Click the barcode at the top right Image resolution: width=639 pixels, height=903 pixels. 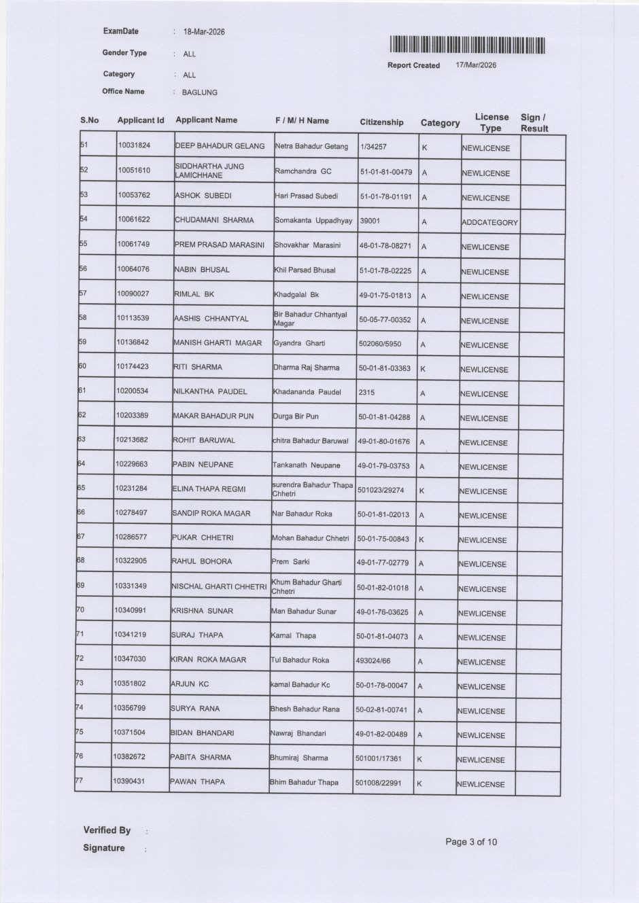pyautogui.click(x=468, y=45)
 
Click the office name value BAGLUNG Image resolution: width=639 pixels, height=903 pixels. pyautogui.click(x=200, y=92)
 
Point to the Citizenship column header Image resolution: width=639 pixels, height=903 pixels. pyautogui.click(x=381, y=122)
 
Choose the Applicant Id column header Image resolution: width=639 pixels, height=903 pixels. pyautogui.click(x=141, y=120)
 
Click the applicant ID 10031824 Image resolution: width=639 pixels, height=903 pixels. pyautogui.click(x=134, y=145)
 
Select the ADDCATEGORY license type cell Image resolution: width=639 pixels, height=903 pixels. pyautogui.click(x=489, y=222)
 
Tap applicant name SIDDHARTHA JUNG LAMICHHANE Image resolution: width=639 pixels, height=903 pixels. pyautogui.click(x=209, y=171)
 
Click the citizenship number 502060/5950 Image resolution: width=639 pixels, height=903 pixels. pyautogui.click(x=380, y=344)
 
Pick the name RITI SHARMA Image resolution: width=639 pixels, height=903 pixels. pyautogui.click(x=198, y=367)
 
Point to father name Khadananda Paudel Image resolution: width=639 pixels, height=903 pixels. pyautogui.click(x=307, y=392)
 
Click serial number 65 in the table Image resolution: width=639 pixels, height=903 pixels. pyautogui.click(x=82, y=488)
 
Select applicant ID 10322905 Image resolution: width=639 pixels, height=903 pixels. pyautogui.click(x=131, y=561)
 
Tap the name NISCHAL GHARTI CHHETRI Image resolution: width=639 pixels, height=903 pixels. pyautogui.click(x=218, y=586)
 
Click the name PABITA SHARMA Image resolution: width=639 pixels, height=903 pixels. pyautogui.click(x=201, y=757)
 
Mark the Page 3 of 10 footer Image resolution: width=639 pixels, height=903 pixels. pyautogui.click(x=471, y=842)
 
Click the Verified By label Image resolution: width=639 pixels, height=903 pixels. pyautogui.click(x=107, y=830)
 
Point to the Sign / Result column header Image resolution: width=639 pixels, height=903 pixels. pyautogui.click(x=534, y=123)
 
